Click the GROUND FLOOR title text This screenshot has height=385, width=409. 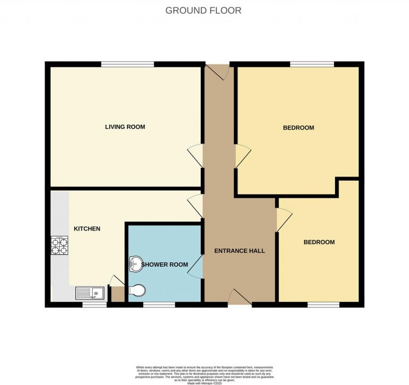[x=203, y=10]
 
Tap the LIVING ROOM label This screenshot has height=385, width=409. [x=125, y=127]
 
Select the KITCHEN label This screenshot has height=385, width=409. [x=87, y=229]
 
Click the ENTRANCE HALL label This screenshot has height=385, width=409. [x=239, y=251]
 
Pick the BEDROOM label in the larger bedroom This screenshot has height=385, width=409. [x=298, y=128]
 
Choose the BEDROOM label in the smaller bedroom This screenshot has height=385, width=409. [x=319, y=242]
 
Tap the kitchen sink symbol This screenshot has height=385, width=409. [x=89, y=293]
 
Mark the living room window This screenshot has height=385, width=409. [x=128, y=65]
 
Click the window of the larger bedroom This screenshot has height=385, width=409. [x=312, y=65]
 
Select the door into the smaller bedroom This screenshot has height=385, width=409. [x=283, y=219]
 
